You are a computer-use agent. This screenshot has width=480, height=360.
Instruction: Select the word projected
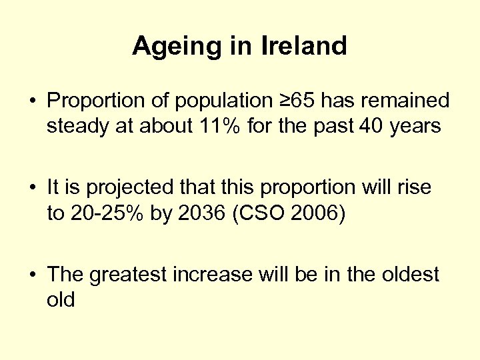point(130,189)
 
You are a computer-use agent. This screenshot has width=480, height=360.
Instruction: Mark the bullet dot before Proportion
point(32,102)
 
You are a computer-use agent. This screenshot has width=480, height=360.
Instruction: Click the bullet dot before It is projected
point(32,189)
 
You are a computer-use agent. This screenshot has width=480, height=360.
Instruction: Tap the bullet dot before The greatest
point(32,275)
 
